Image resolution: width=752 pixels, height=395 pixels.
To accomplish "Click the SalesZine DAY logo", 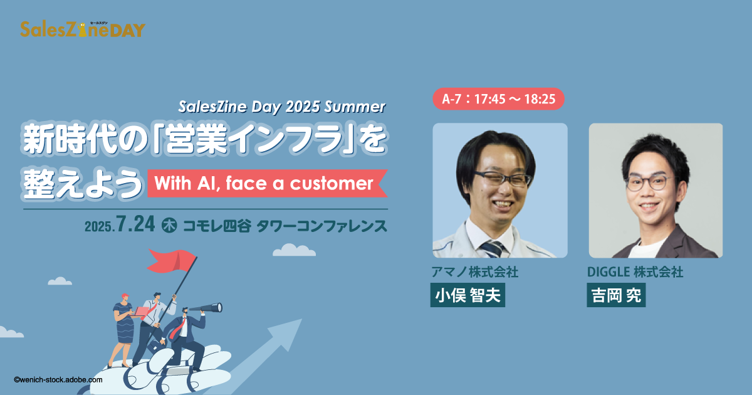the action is [x=83, y=29].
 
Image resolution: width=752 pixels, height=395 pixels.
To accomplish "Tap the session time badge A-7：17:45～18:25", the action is [x=499, y=99].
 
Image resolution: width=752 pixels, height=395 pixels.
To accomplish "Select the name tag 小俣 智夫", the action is [x=467, y=295].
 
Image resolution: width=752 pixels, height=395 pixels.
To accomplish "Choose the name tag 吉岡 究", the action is [x=616, y=295].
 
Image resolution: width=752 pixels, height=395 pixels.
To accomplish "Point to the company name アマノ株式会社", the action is [x=475, y=271].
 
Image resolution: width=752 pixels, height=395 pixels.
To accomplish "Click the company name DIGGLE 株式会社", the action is [x=635, y=271].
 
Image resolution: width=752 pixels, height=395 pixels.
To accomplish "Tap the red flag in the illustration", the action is [x=171, y=261].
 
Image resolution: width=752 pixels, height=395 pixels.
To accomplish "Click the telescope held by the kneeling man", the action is [x=206, y=308].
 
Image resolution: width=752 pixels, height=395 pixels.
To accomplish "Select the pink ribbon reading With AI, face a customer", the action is [x=268, y=183].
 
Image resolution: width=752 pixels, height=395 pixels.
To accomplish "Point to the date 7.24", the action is [x=135, y=224].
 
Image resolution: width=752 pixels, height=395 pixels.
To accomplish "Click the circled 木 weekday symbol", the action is [x=169, y=225].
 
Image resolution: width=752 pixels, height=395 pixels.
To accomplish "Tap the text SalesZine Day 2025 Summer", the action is [x=281, y=107].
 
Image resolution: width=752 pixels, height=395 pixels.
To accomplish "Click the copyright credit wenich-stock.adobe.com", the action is [x=58, y=380].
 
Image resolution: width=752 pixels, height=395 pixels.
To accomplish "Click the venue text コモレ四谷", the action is [x=217, y=226].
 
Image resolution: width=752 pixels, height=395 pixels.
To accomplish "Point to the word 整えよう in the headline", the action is [x=83, y=183].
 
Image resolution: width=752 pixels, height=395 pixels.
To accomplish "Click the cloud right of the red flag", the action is [x=294, y=250].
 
